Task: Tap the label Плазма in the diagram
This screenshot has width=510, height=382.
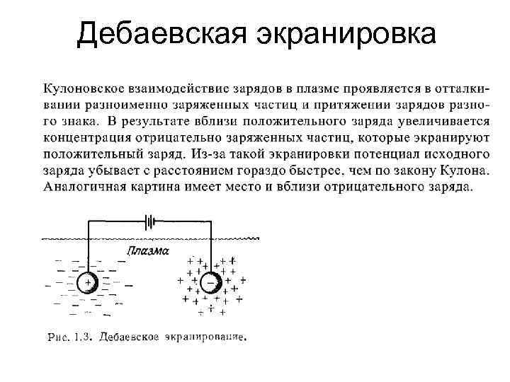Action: point(147,252)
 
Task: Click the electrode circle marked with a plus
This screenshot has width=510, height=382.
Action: point(89,283)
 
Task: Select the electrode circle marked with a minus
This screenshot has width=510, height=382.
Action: point(209,284)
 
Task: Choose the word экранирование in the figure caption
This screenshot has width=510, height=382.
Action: point(208,337)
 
